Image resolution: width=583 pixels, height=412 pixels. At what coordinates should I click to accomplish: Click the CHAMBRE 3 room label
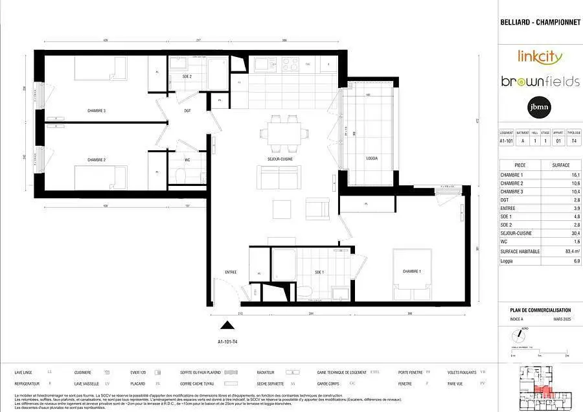pyautogui.click(x=97, y=111)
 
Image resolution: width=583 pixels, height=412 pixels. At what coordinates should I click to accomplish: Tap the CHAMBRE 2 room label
pyautogui.click(x=97, y=159)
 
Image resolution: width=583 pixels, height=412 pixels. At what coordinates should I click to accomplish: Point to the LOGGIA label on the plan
pyautogui.click(x=371, y=158)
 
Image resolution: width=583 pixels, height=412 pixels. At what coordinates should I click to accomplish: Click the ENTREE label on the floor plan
pyautogui.click(x=231, y=271)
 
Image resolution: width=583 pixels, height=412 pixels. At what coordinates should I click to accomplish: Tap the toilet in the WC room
pyautogui.click(x=181, y=175)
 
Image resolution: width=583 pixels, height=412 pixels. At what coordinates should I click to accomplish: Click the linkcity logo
pyautogui.click(x=540, y=56)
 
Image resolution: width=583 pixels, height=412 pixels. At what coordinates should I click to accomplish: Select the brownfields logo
pyautogui.click(x=540, y=82)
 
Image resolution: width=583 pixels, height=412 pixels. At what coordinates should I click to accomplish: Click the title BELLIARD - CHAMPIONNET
pyautogui.click(x=540, y=22)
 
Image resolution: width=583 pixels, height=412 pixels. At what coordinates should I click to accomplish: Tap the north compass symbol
pyautogui.click(x=519, y=336)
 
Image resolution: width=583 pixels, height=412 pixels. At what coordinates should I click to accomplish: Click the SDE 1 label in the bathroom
pyautogui.click(x=319, y=272)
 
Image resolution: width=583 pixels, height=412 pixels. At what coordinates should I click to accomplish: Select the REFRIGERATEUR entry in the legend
pyautogui.click(x=30, y=383)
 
